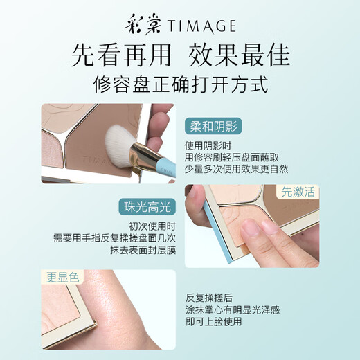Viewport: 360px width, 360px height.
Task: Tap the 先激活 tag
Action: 298,192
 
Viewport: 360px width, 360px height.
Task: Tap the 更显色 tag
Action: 62,278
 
